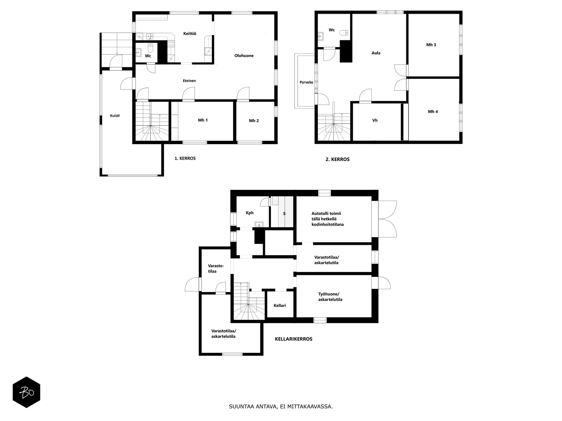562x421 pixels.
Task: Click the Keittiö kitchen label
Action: point(190,33)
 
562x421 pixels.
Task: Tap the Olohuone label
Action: point(244,56)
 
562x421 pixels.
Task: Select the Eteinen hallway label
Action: point(189,81)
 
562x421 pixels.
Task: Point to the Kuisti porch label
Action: point(115,115)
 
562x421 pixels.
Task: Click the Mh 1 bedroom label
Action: point(203,120)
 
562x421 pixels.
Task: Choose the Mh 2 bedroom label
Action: point(254,121)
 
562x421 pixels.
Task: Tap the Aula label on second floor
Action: point(376,53)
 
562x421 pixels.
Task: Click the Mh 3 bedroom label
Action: point(431,45)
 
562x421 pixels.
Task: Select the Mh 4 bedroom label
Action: point(433,112)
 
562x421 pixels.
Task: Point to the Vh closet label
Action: point(375,120)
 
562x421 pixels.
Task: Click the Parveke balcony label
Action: point(307,82)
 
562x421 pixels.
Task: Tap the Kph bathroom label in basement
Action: point(250,213)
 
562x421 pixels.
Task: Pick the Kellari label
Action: point(280,306)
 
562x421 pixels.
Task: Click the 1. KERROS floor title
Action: point(185,159)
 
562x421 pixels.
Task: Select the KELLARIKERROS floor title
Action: point(294,339)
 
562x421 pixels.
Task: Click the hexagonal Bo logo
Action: point(26,392)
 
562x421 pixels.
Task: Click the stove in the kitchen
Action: point(171,44)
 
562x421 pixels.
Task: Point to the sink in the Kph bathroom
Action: point(259,225)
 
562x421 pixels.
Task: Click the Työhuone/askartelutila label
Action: point(330,297)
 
